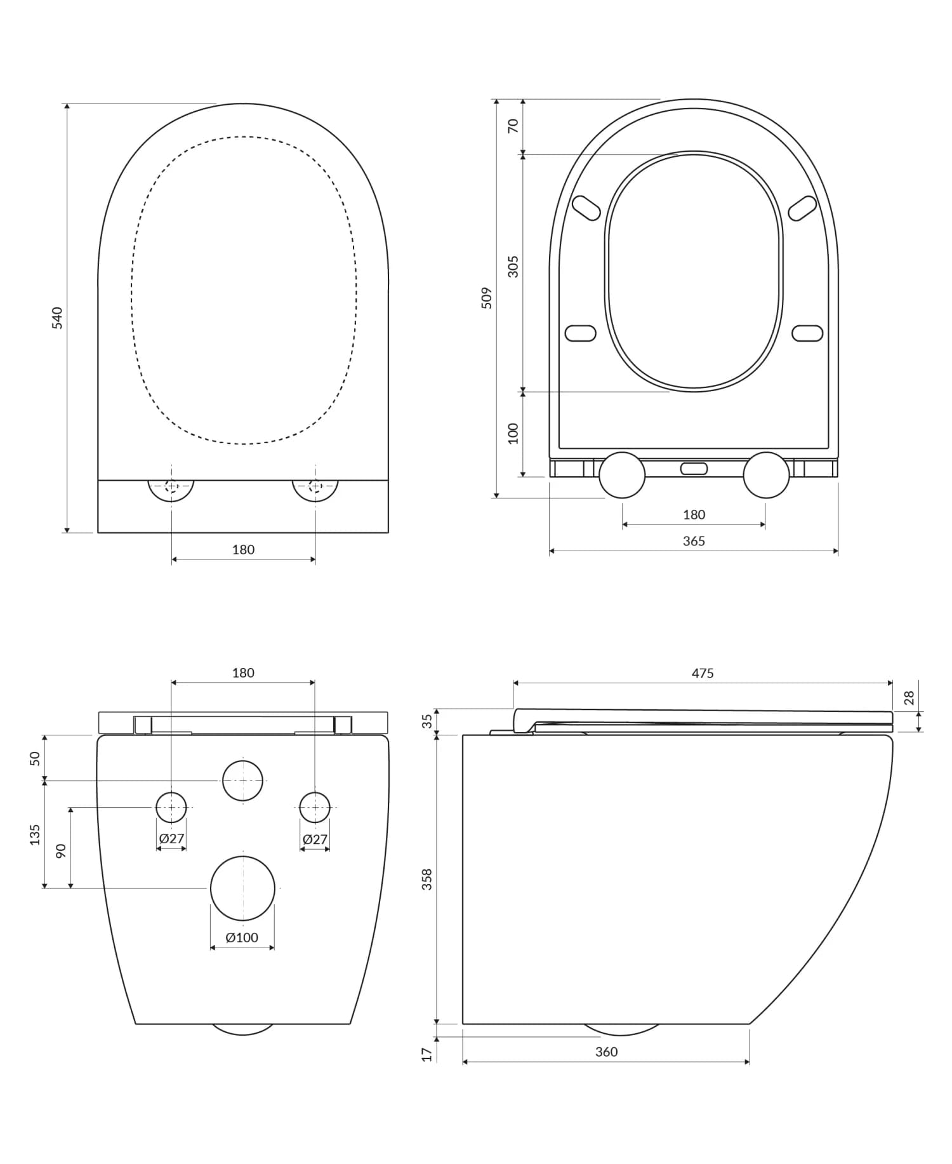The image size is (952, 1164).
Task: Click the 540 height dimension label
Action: (x=57, y=318)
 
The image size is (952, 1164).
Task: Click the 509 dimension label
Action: (x=487, y=298)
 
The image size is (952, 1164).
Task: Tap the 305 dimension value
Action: (x=513, y=267)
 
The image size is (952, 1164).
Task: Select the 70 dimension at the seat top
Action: (x=513, y=126)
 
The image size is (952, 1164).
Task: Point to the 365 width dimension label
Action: (x=694, y=541)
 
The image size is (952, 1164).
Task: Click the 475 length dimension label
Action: (x=703, y=673)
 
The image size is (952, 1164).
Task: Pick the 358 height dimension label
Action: (x=427, y=879)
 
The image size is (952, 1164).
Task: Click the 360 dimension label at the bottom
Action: (x=606, y=1052)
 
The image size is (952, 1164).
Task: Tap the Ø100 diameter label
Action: (x=242, y=937)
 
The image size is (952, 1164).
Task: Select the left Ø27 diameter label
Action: (x=171, y=839)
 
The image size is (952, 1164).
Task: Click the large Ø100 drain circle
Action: (x=242, y=888)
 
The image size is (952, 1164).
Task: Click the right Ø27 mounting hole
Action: (x=315, y=807)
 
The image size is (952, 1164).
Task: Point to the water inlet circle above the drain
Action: (x=242, y=780)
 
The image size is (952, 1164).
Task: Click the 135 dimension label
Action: (x=35, y=834)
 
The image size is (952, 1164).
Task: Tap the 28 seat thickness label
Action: (x=909, y=698)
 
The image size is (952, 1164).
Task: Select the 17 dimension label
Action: (x=427, y=1054)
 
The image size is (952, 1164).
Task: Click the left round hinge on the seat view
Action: (x=622, y=475)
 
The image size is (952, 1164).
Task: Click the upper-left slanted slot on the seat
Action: (x=586, y=208)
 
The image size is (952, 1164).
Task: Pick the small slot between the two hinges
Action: (x=694, y=469)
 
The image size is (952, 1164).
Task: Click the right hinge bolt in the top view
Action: (x=315, y=486)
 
